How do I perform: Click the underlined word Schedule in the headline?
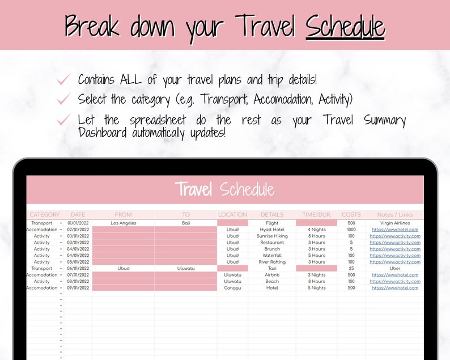(345, 27)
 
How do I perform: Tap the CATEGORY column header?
(44, 215)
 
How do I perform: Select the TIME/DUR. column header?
(316, 215)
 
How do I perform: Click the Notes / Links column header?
(394, 215)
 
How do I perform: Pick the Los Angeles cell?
(123, 223)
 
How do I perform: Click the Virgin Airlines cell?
(394, 223)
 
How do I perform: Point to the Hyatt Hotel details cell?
(272, 230)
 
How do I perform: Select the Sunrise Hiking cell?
(272, 236)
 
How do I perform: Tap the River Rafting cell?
(272, 262)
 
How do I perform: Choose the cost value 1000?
(351, 230)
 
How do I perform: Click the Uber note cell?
(394, 269)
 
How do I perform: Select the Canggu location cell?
(232, 288)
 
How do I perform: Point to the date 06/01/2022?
(78, 269)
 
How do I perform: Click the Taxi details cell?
(272, 269)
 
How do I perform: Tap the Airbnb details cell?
(272, 275)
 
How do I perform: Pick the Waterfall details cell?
(272, 256)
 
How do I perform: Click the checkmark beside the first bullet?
(63, 81)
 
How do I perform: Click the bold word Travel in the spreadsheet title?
(193, 189)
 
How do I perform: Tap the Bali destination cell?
(186, 223)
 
